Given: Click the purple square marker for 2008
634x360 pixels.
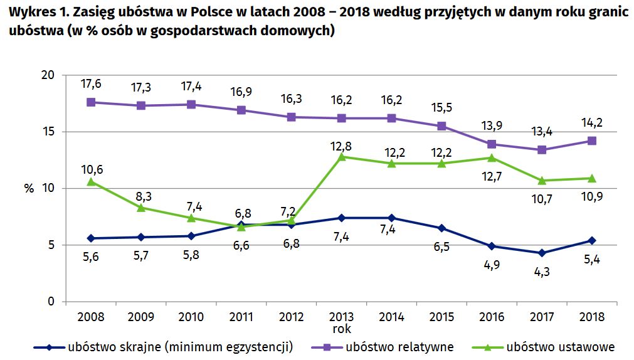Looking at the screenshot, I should (x=91, y=102).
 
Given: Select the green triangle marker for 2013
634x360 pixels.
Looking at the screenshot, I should (x=342, y=157).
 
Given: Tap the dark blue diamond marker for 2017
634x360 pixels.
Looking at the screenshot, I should (x=542, y=253).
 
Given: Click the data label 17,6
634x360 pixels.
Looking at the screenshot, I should (x=92, y=83).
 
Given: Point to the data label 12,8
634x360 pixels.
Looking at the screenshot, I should (x=342, y=146).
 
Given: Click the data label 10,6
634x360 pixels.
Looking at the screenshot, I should (x=92, y=169).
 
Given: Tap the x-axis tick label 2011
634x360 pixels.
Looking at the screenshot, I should (x=241, y=317).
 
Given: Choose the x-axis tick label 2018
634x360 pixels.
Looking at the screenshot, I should (x=592, y=317).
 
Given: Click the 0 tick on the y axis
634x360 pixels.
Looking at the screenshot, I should (x=51, y=302).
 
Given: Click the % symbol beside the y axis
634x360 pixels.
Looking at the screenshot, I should (x=29, y=189).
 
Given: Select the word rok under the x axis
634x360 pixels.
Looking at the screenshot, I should (x=342, y=328).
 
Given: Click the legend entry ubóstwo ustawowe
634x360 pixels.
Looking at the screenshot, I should (x=560, y=347).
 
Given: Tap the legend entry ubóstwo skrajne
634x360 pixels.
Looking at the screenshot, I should (x=178, y=347).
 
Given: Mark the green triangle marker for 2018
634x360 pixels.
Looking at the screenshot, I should (x=592, y=178).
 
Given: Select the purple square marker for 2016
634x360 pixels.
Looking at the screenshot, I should (x=492, y=144).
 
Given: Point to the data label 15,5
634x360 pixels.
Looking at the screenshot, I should (x=442, y=107).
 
